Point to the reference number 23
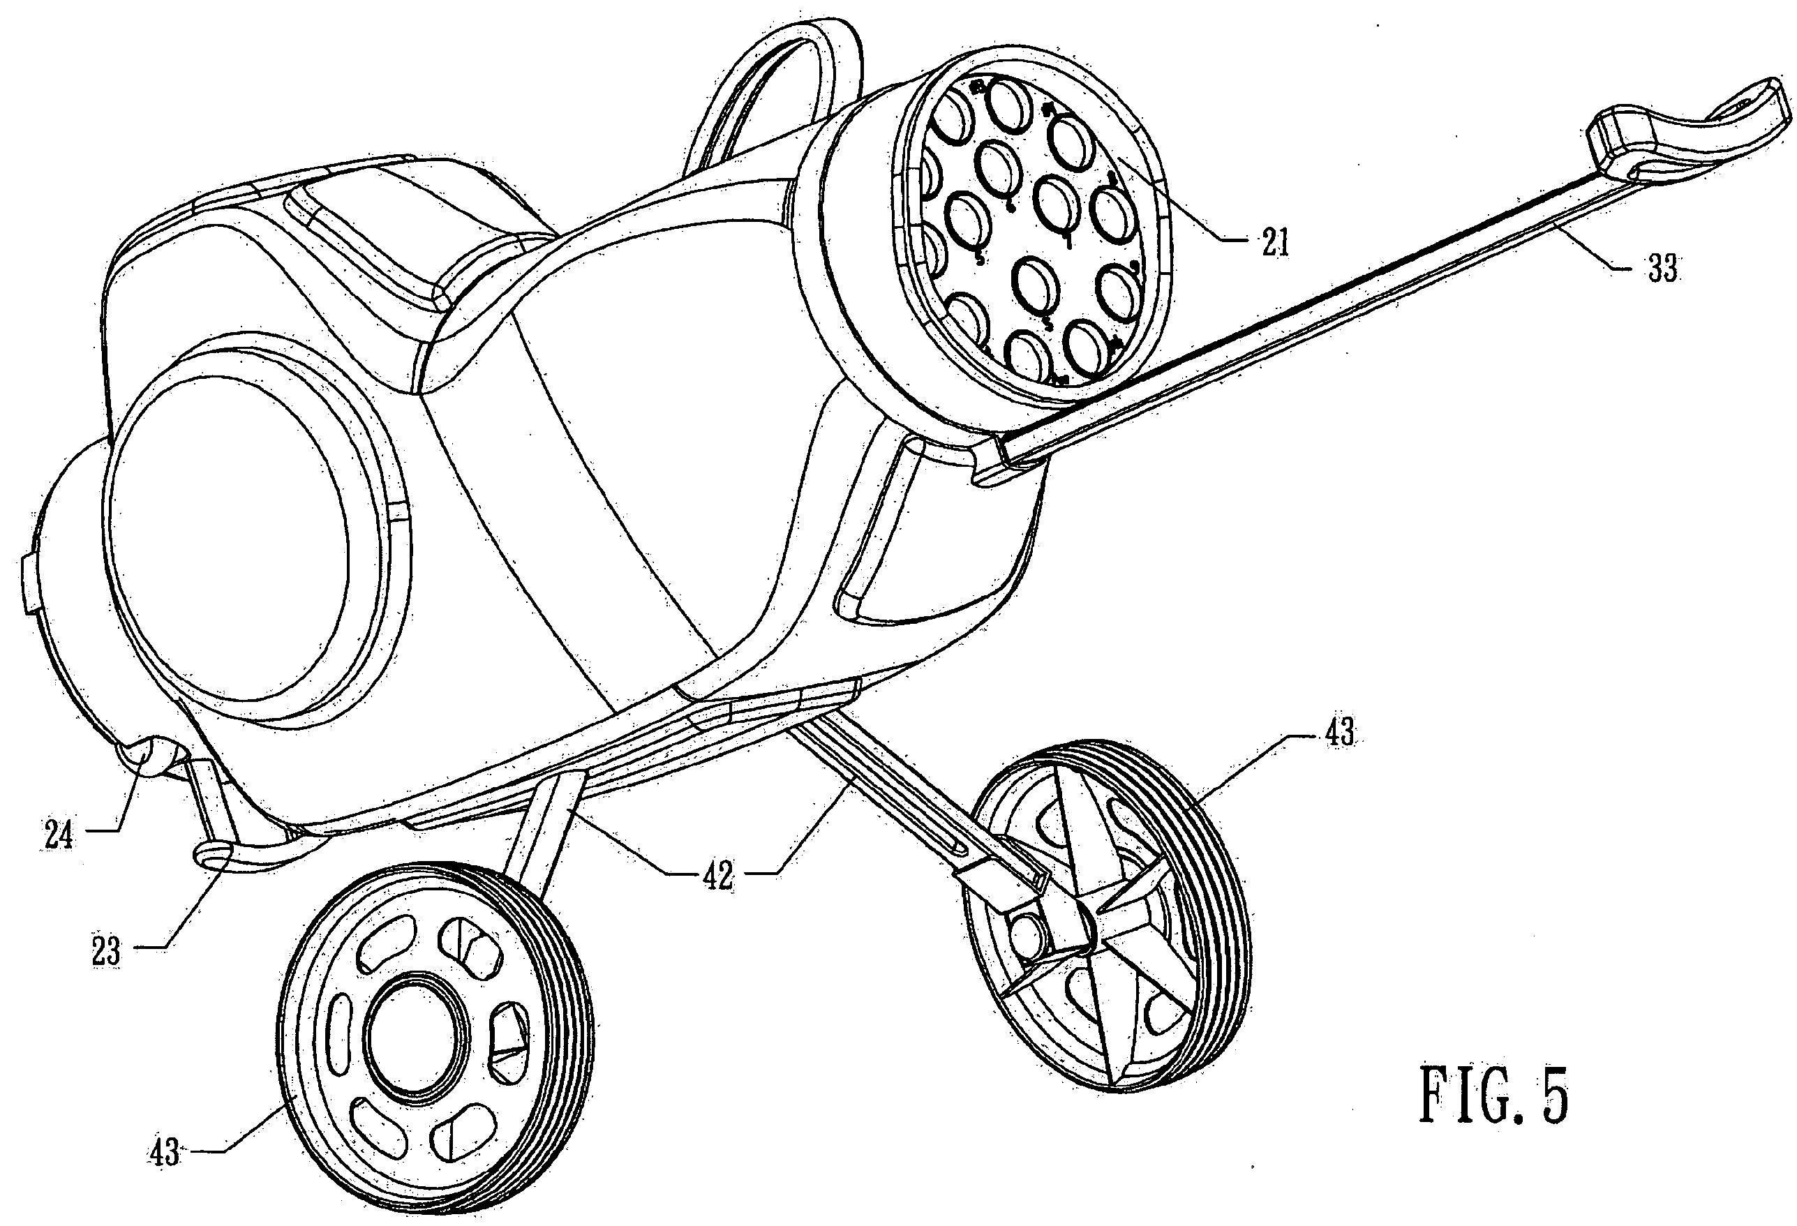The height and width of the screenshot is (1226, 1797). (x=106, y=952)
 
